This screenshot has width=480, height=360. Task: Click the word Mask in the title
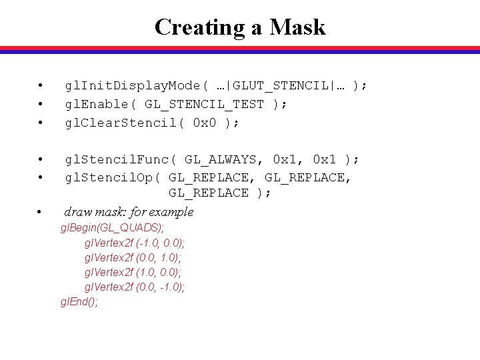pyautogui.click(x=297, y=27)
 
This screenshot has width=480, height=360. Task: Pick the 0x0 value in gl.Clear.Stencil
pyautogui.click(x=204, y=123)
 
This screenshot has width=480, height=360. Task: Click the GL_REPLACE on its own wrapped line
pyautogui.click(x=208, y=193)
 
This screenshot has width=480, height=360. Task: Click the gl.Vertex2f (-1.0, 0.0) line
pyautogui.click(x=135, y=243)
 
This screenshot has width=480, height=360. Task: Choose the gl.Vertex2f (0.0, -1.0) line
pyautogui.click(x=135, y=287)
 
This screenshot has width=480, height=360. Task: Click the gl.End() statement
pyautogui.click(x=79, y=302)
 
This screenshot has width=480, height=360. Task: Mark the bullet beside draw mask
pyautogui.click(x=41, y=213)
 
